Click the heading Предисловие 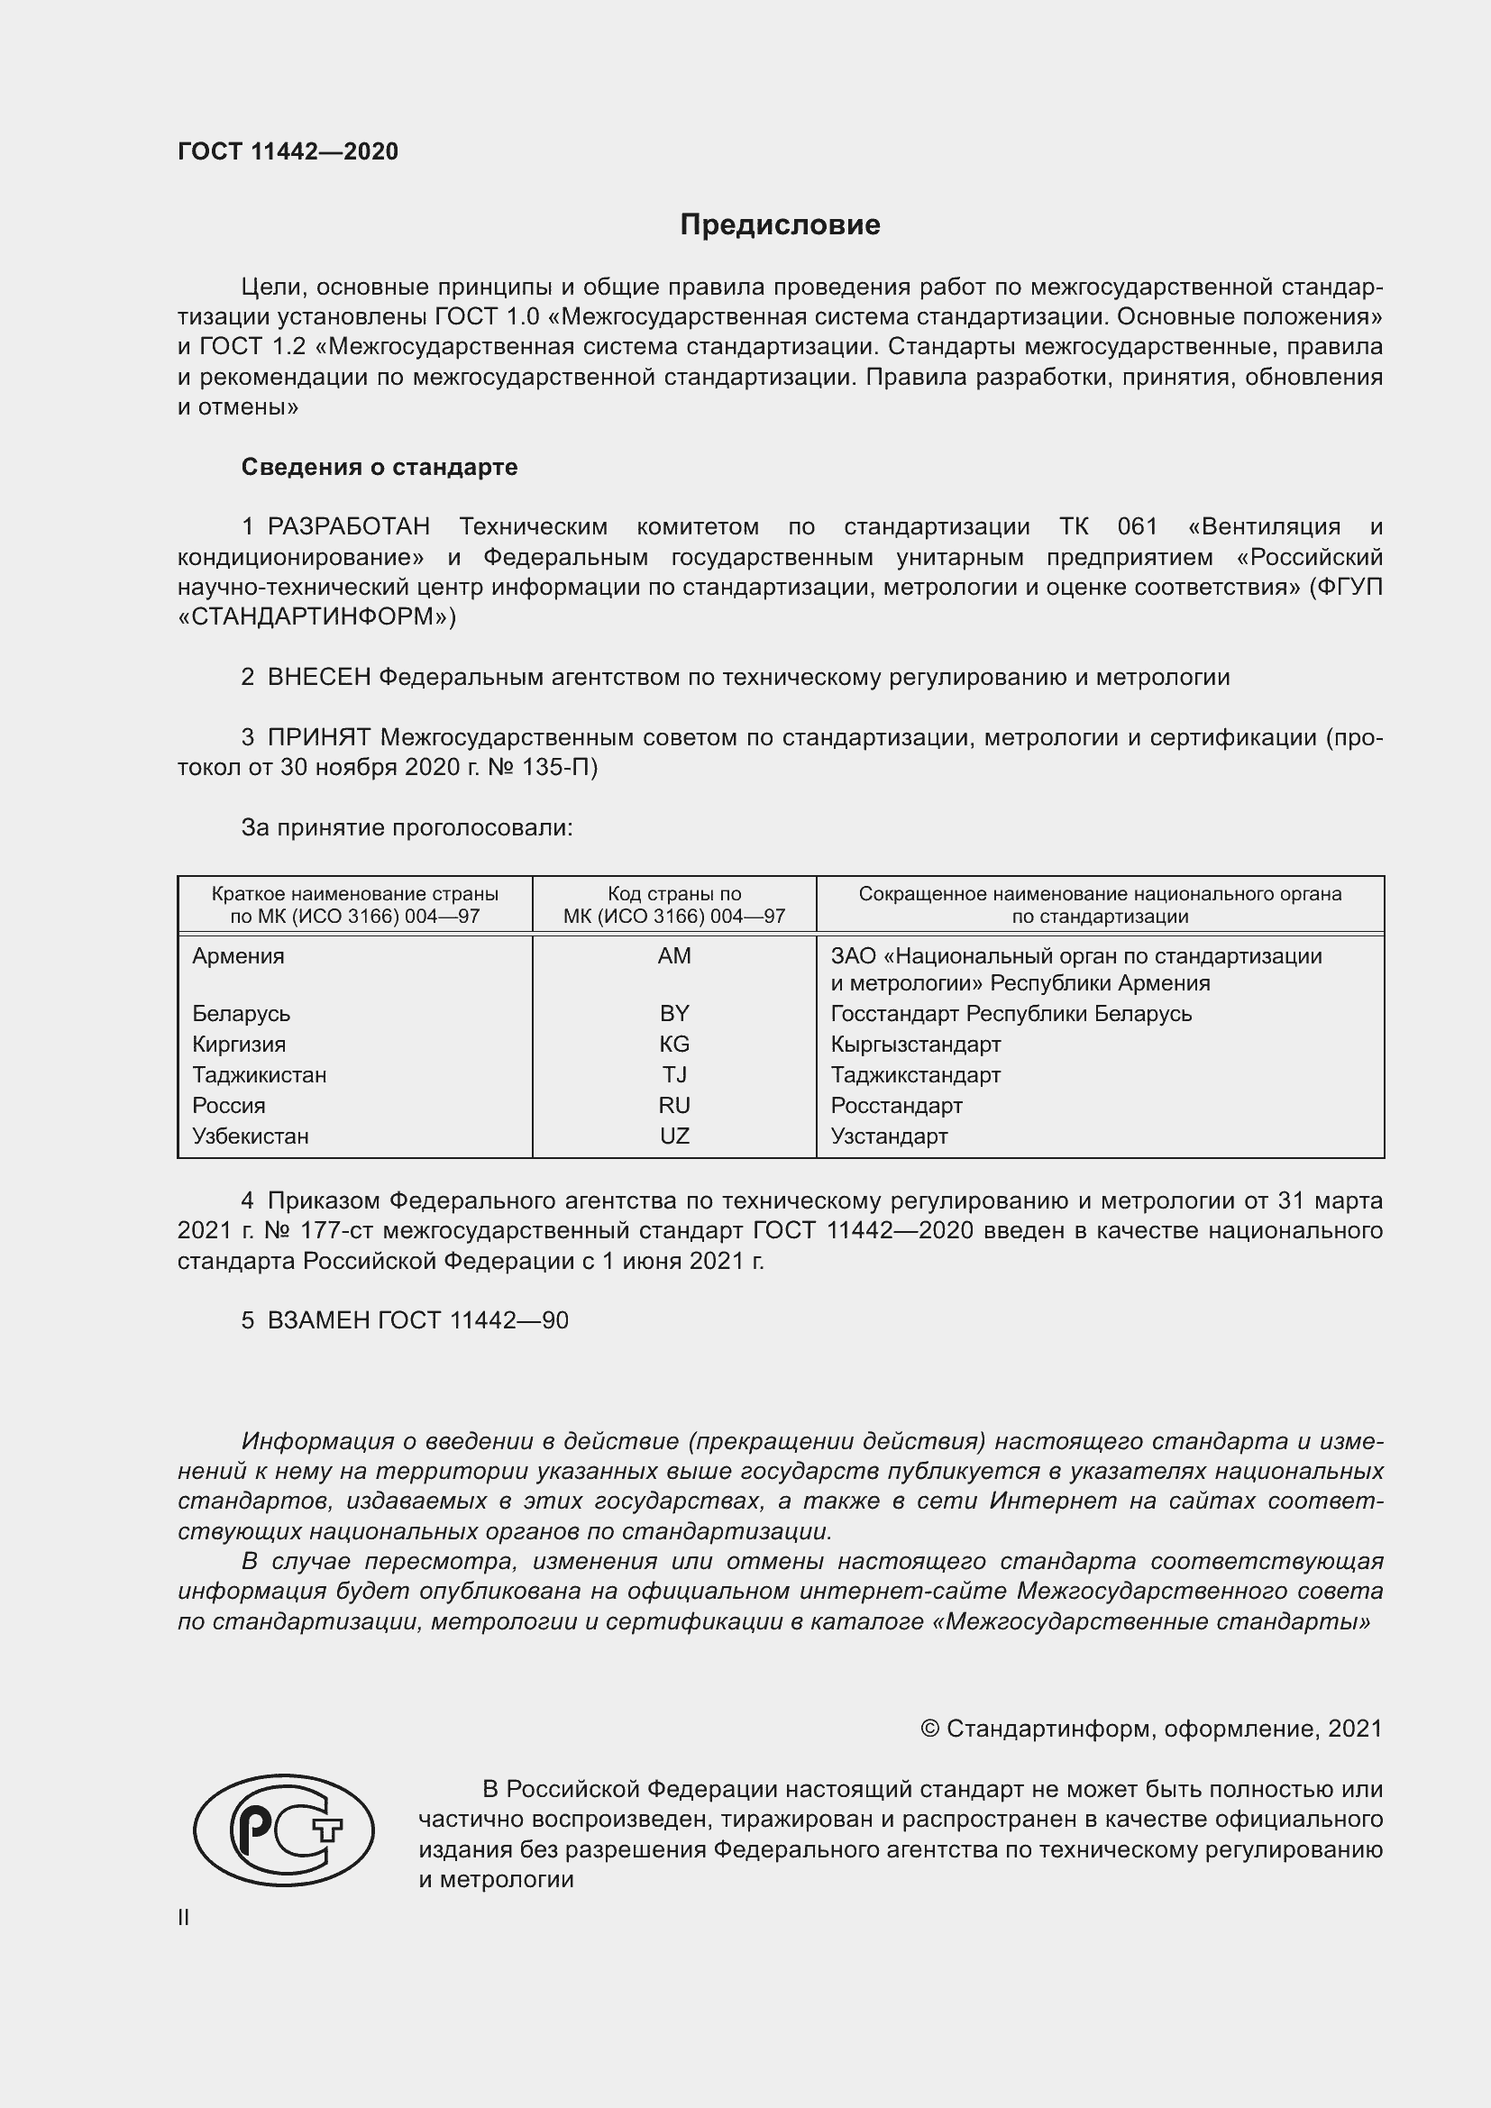coord(780,225)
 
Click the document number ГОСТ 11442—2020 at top coord(288,151)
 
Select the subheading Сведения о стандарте coord(380,468)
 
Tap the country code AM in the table coord(674,955)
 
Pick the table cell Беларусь coord(241,1014)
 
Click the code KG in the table coord(674,1044)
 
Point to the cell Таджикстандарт coord(915,1074)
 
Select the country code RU coord(674,1106)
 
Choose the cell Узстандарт coord(889,1136)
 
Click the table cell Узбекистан coord(250,1136)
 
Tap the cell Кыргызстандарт coord(915,1044)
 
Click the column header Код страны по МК coord(674,904)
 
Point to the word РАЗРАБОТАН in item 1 coord(348,527)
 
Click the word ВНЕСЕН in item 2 coord(318,678)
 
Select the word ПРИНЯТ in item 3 coord(318,737)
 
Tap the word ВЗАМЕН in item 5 coord(318,1320)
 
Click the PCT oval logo coord(284,1830)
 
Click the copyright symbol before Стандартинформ coord(929,1729)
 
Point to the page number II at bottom coord(184,1917)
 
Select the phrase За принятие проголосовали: coord(407,827)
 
